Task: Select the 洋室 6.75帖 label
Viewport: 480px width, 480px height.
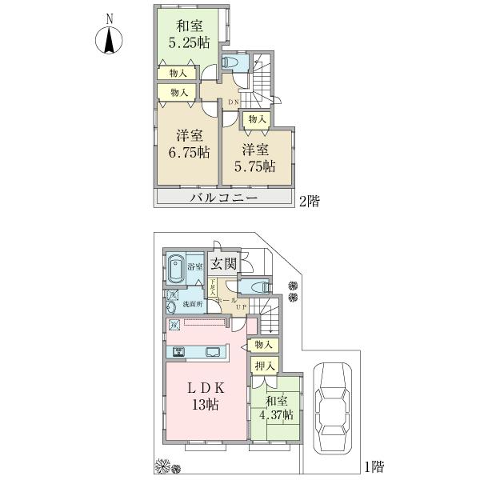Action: click(x=183, y=143)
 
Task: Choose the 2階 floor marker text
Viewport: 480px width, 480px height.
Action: click(x=309, y=202)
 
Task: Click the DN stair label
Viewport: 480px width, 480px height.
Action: click(x=234, y=102)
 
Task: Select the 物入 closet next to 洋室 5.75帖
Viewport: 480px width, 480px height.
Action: click(x=257, y=119)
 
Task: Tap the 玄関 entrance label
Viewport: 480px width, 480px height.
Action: click(x=223, y=265)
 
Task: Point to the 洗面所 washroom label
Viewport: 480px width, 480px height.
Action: click(x=190, y=305)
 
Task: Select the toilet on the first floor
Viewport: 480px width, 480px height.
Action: click(x=258, y=286)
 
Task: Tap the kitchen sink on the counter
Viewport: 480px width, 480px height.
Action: click(x=214, y=351)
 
